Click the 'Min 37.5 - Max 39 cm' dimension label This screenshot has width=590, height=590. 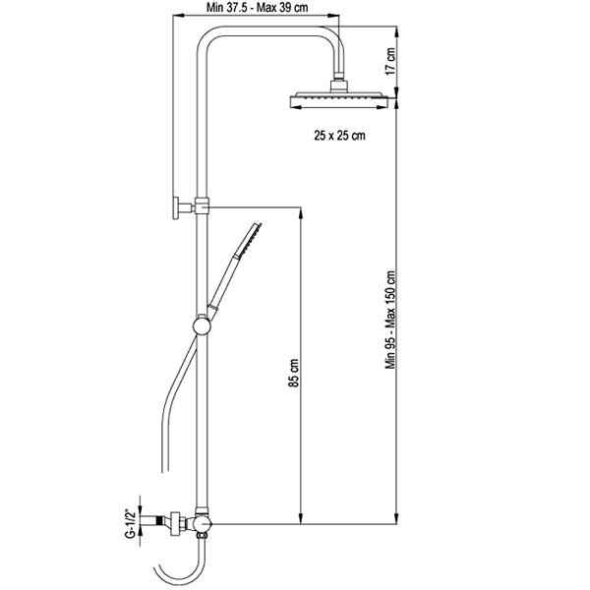[257, 7]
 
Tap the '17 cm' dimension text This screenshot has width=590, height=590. [390, 61]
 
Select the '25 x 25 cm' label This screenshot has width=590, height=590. [339, 135]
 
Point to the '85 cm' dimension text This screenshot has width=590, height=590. [294, 373]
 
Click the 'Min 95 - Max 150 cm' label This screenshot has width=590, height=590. [390, 320]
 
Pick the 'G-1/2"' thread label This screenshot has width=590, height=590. [130, 523]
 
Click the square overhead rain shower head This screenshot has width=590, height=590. [339, 99]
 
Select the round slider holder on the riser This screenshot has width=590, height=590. [202, 325]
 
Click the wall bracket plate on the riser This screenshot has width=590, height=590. [176, 207]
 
